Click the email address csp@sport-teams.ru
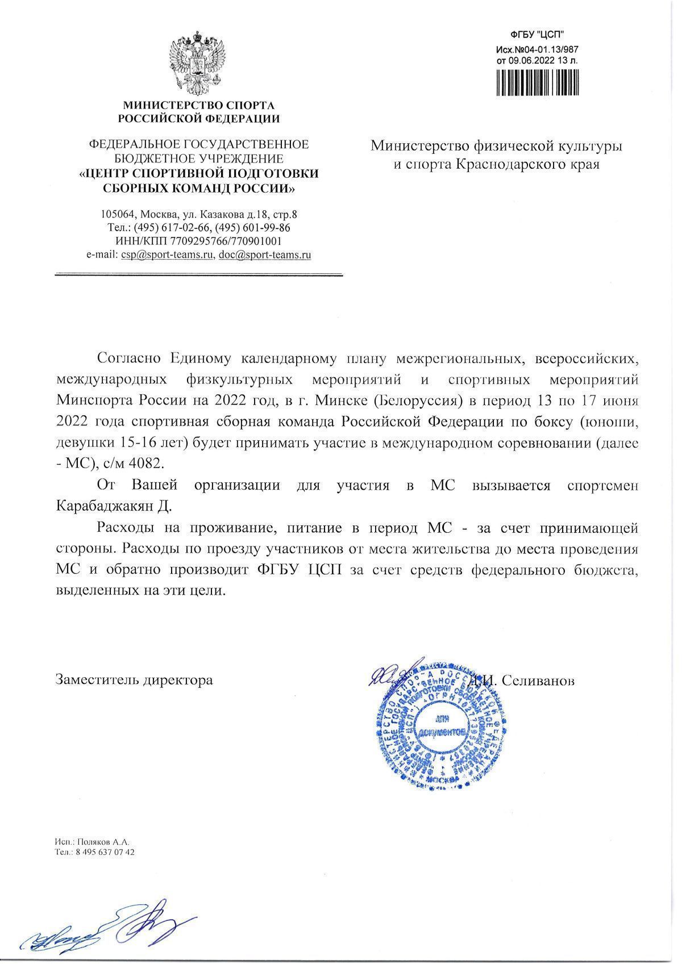pyautogui.click(x=168, y=255)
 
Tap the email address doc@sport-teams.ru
pyautogui.click(x=265, y=255)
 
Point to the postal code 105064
pyautogui.click(x=117, y=215)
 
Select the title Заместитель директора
pyautogui.click(x=134, y=679)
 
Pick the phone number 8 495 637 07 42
pyautogui.click(x=102, y=852)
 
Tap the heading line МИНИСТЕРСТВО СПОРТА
pyautogui.click(x=199, y=106)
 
